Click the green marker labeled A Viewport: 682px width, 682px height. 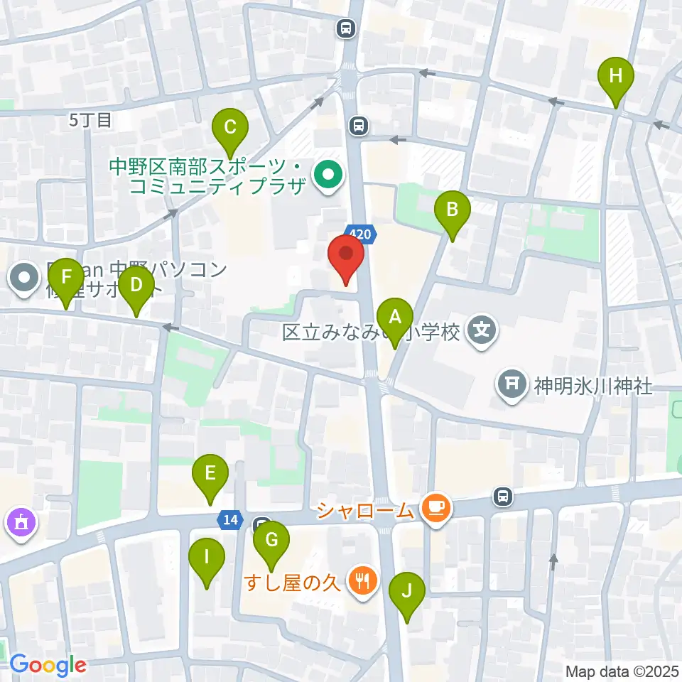(395, 315)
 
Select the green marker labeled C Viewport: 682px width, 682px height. (230, 128)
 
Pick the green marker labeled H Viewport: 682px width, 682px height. (615, 75)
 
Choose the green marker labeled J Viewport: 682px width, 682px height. (407, 590)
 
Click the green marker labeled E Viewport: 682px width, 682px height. (210, 472)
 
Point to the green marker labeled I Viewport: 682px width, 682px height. (206, 557)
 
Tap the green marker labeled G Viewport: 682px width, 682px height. (271, 539)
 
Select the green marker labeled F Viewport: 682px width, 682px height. (66, 276)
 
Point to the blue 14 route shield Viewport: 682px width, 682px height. (229, 520)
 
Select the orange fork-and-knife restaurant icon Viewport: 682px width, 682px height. (362, 581)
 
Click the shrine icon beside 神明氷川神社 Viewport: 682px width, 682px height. (514, 386)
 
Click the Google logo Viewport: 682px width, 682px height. (48, 665)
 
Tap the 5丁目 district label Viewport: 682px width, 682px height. (90, 121)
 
